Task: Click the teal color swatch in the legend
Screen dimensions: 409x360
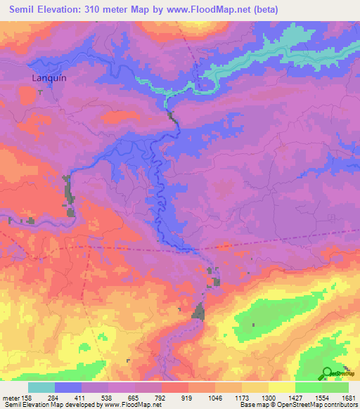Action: coord(41,387)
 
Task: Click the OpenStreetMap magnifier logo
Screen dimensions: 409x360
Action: coord(328,374)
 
